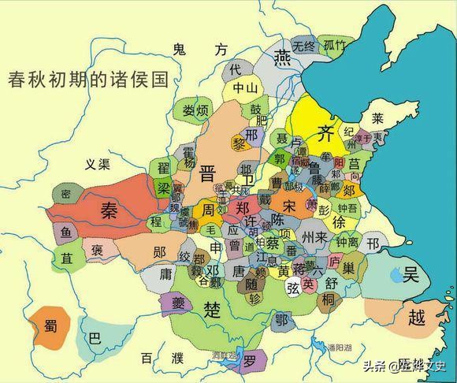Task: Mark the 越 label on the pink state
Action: tap(418, 318)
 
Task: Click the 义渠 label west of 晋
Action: tap(101, 164)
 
